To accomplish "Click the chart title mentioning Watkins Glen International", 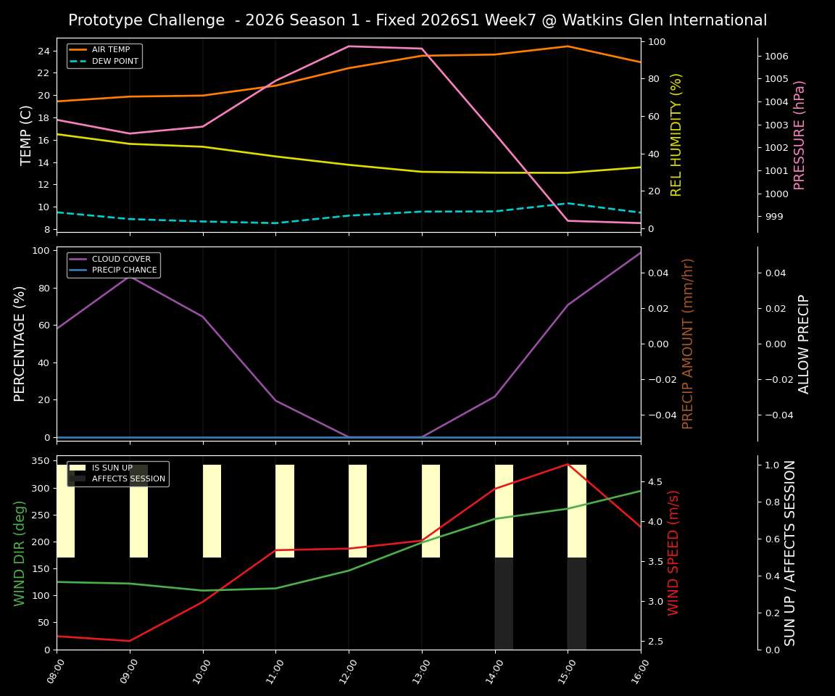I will coord(417,20).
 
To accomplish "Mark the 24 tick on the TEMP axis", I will coord(43,51).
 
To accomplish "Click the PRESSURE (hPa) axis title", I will coord(799,135).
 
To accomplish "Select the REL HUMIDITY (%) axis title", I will coord(676,135).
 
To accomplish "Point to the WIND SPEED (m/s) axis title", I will coord(674,552).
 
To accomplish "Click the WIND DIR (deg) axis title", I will coord(20,552).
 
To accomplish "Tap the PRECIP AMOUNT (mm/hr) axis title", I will coord(688,344).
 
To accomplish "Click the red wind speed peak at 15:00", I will coord(568,464).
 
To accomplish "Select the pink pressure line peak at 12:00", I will coord(349,46).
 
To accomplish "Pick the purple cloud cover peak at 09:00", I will coord(130,276).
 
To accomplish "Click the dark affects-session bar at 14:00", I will coord(504,603).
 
